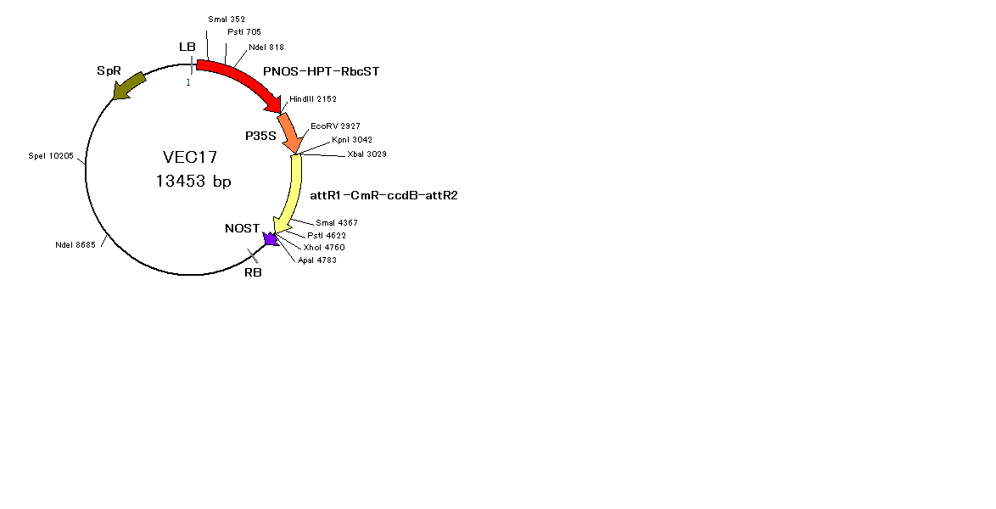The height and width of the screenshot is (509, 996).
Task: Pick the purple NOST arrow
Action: (x=271, y=239)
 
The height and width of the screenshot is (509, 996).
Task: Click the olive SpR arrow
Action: (x=129, y=86)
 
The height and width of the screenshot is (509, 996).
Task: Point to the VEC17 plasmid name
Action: (x=190, y=157)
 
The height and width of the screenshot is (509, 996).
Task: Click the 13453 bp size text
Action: (x=193, y=181)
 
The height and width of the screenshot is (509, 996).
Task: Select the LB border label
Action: (x=187, y=47)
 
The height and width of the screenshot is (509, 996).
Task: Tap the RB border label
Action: (x=253, y=272)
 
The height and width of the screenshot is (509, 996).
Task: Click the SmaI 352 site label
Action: (x=227, y=19)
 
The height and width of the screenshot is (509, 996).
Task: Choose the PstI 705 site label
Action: (x=244, y=31)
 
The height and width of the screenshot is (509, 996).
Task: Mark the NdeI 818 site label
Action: (x=266, y=47)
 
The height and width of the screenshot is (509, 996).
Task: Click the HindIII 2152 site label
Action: (x=313, y=98)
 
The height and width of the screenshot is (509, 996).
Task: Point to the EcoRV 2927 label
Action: (x=335, y=126)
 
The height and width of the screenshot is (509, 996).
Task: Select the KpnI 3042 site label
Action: (x=352, y=140)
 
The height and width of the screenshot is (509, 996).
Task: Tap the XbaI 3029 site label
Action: (x=367, y=154)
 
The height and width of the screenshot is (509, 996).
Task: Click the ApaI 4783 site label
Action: (x=317, y=260)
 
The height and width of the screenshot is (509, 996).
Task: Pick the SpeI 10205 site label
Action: (x=51, y=156)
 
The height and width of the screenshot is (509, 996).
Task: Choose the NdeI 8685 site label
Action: (x=76, y=244)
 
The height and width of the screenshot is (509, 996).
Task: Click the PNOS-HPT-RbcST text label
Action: (x=322, y=71)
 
